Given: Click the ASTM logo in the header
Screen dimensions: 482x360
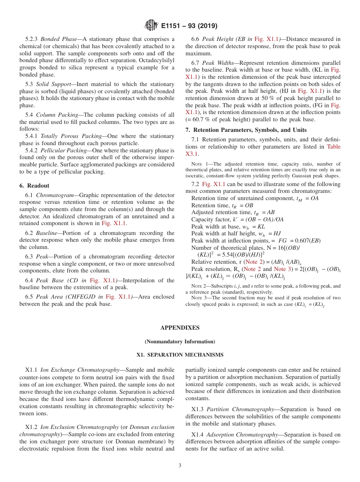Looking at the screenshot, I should pos(151,26).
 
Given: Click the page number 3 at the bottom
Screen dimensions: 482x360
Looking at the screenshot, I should pos(180,465).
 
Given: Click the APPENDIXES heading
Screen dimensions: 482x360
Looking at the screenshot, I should pos(180,328).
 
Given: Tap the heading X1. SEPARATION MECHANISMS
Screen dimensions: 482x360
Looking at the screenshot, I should pos(180,355).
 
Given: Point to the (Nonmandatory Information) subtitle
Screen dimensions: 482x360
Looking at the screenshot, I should pos(180,341).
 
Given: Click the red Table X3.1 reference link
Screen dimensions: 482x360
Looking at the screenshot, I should pos(333,147).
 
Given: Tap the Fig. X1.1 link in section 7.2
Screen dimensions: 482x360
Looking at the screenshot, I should pos(213,184).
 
